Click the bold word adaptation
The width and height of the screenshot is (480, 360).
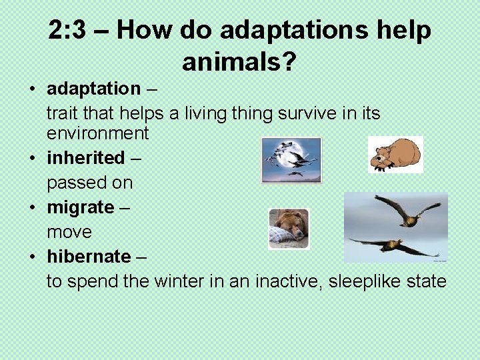pyautogui.click(x=93, y=88)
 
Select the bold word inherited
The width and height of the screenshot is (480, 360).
pyautogui.click(x=85, y=158)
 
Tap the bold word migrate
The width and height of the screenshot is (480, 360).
pyautogui.click(x=81, y=207)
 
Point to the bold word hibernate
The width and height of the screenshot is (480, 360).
pyautogui.click(x=89, y=257)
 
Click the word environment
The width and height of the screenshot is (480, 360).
pyautogui.click(x=97, y=133)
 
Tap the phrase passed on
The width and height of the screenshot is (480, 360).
pyautogui.click(x=89, y=183)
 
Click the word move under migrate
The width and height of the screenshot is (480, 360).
pyautogui.click(x=69, y=233)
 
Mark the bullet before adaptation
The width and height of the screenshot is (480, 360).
pyautogui.click(x=33, y=89)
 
